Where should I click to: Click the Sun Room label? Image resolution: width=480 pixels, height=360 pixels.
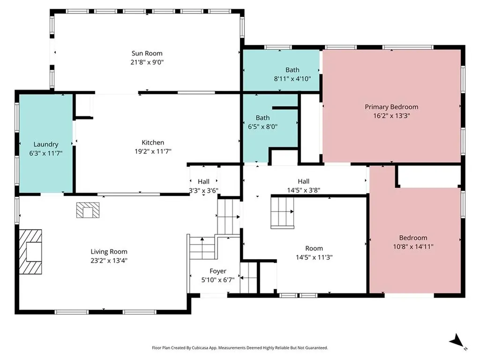pos(147,53)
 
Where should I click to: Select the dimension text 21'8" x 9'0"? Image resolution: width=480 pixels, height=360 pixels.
pos(147,62)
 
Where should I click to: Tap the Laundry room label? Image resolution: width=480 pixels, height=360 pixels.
pos(45,144)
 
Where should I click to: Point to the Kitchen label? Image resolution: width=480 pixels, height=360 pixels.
pos(153,142)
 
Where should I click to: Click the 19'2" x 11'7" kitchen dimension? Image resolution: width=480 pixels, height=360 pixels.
pos(153,151)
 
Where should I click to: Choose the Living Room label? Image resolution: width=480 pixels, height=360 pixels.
pos(109,252)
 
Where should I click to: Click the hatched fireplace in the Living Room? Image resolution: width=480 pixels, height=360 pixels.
pos(30,251)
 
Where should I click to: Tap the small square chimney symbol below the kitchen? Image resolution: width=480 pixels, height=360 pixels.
pos(88,210)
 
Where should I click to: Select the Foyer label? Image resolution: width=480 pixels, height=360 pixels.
pos(217,271)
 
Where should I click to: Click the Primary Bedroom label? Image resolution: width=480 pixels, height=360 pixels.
pos(391,107)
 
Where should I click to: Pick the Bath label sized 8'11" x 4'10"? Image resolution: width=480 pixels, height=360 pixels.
pos(292,70)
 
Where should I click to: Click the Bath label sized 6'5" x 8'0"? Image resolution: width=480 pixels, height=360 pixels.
pos(262,118)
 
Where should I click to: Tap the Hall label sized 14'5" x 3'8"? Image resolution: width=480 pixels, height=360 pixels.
pos(303,181)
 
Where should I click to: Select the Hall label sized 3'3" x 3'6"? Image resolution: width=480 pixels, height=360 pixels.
pos(203,182)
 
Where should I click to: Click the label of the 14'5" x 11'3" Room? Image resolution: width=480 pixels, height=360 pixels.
pos(314,248)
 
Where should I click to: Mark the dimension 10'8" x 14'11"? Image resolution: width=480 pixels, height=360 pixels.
pos(413,246)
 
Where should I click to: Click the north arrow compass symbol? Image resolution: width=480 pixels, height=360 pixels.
pos(457,340)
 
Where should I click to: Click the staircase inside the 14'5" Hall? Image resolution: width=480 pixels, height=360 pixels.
pos(281,212)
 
